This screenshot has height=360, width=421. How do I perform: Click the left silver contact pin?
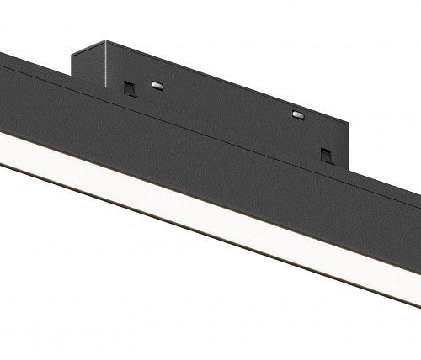pyautogui.click(x=157, y=84)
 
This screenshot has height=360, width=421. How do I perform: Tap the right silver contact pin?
pyautogui.click(x=296, y=114)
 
